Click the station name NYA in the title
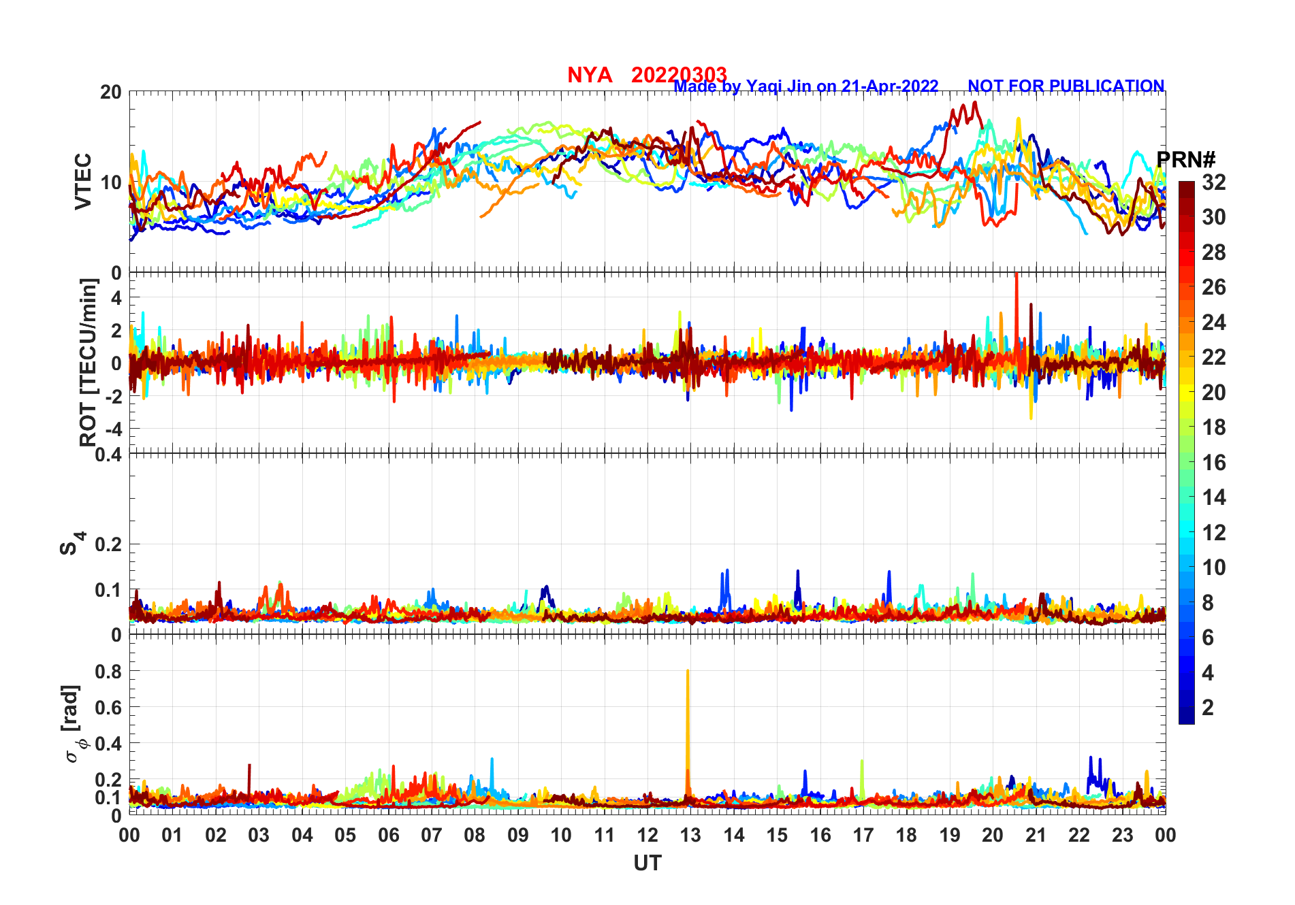589,75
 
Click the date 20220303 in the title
679,74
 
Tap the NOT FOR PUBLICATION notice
1066,86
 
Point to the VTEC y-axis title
83,182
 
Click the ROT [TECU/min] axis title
89,362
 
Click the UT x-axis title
647,863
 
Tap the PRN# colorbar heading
1186,160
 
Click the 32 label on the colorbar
1213,182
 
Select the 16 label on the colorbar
1213,463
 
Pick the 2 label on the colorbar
1208,708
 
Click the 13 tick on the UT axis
690,835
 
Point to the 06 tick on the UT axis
388,835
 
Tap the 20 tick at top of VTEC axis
111,93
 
